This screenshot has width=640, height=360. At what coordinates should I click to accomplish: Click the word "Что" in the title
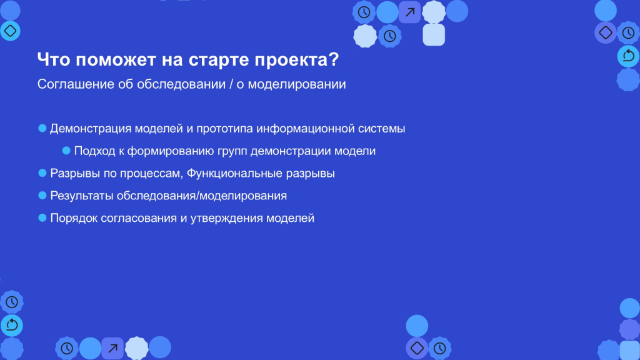pos(54,59)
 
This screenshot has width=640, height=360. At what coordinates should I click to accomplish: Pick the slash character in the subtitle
pos(231,84)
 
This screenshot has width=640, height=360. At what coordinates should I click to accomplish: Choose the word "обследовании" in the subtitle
pos(181,84)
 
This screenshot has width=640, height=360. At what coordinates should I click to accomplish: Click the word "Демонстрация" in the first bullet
pos(91,129)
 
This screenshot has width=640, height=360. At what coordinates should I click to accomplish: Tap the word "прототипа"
pos(225,129)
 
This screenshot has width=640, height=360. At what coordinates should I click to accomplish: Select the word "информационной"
pos(306,129)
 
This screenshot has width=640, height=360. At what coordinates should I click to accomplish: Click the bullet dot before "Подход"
pos(66,151)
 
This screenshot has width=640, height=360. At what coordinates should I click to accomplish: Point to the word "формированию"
pos(171,151)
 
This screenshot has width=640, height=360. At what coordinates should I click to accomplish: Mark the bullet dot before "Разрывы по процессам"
pos(42,173)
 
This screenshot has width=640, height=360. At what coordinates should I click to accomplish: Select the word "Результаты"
pos(82,196)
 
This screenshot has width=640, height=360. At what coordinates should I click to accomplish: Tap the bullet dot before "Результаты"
pos(42,196)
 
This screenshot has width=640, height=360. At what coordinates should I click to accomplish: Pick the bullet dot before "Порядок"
pos(42,218)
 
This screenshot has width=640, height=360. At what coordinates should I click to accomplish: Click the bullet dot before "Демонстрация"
pos(42,128)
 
